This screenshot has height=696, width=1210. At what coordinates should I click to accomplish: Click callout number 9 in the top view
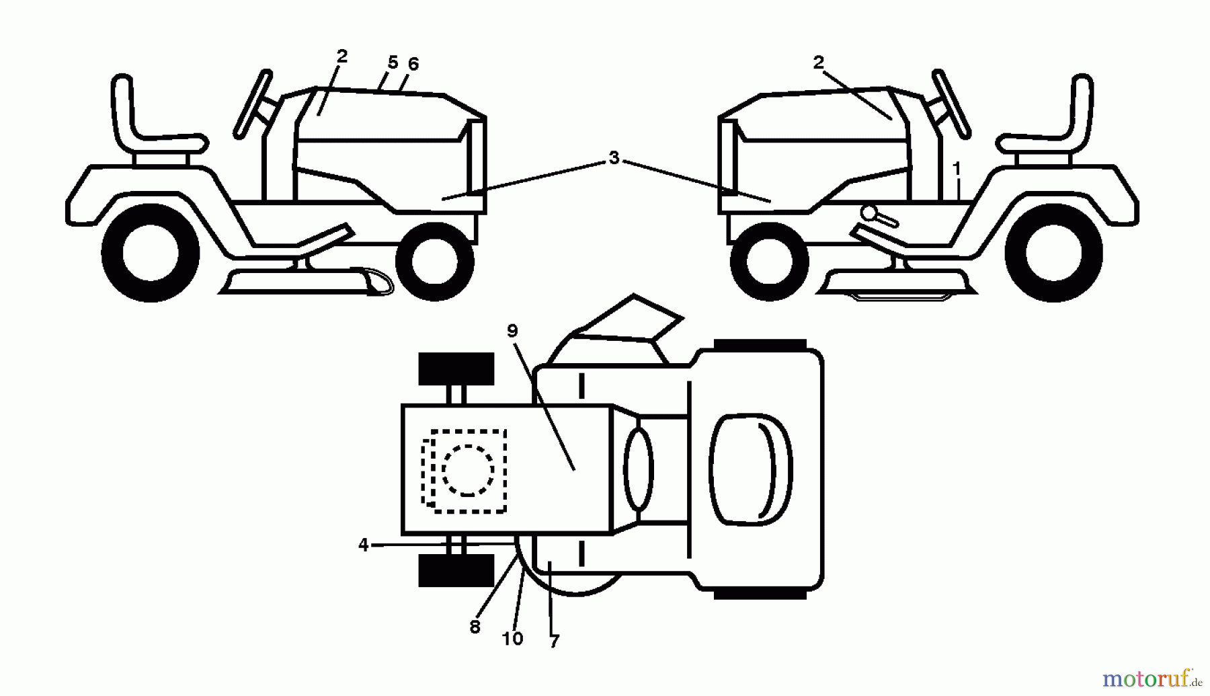pos(512,331)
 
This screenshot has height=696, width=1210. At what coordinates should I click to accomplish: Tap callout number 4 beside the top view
pos(364,545)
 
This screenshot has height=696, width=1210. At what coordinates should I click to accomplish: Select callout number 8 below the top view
pos(475,627)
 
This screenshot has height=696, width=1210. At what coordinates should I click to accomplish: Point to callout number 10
pos(512,639)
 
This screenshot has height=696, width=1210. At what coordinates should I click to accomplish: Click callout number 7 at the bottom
pos(554,642)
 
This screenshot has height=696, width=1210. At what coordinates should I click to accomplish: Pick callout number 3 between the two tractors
pos(613,158)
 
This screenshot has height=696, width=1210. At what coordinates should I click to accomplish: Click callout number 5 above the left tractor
pos(393,63)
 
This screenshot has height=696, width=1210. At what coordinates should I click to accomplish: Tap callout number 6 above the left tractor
pos(413,64)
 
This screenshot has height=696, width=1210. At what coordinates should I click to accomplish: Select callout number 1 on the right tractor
pos(957,167)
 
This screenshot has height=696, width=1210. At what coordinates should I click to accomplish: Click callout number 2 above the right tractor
pos(818,63)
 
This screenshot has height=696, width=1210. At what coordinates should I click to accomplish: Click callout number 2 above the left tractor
pos(342,56)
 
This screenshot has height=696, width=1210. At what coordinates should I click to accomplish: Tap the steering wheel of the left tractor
pos(253,104)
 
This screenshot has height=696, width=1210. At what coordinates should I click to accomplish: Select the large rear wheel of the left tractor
pos(151,254)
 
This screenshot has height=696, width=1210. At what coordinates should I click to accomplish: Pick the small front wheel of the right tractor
pos(769,261)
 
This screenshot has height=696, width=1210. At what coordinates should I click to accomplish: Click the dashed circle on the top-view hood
pos(469,470)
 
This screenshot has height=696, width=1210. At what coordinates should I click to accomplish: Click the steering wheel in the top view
pos(638,469)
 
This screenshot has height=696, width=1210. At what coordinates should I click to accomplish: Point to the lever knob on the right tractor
pos(869,213)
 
